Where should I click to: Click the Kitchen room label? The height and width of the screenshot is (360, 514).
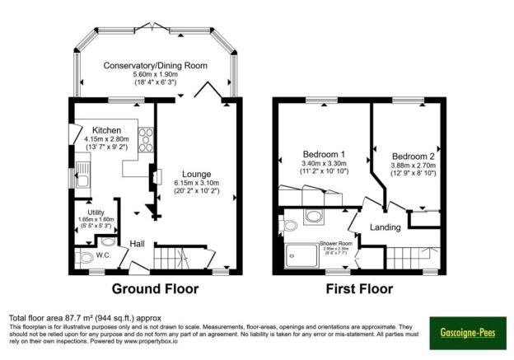click(107, 130)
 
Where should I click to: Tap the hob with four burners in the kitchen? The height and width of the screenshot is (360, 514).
click(146, 139)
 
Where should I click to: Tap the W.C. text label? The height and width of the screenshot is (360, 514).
click(103, 255)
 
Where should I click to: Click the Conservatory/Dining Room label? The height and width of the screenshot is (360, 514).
click(156, 66)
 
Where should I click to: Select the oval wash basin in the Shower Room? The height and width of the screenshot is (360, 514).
click(314, 216)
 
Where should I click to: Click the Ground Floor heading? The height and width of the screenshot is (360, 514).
click(155, 288)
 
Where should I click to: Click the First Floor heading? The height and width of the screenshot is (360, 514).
click(358, 288)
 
